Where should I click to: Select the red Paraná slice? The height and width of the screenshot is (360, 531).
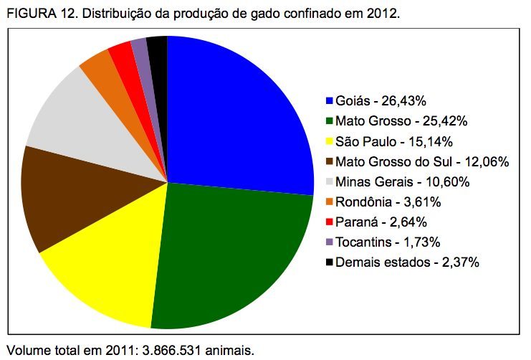point(122,56)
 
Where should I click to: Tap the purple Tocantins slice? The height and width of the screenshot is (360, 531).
point(140,50)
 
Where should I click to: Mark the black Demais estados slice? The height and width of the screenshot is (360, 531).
point(158,49)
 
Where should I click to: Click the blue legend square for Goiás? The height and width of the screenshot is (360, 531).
point(329,100)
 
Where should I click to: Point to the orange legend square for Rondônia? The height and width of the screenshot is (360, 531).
point(329,201)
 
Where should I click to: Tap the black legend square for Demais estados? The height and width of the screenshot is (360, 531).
point(329,261)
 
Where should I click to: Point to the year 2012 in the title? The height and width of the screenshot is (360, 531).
point(380,14)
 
